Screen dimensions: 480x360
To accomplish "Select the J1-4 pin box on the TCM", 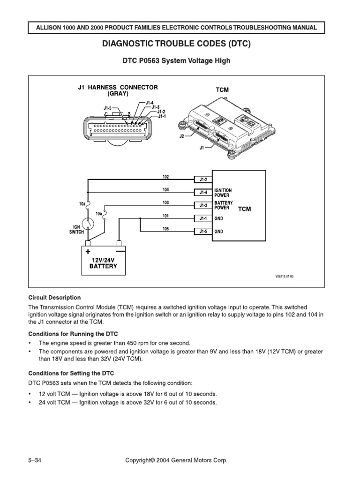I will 203,192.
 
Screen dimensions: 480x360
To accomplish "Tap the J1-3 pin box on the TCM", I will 203,205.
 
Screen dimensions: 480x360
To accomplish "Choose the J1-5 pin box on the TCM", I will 203,231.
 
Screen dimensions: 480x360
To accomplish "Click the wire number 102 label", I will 165,177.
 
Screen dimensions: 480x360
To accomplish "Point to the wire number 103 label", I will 165,202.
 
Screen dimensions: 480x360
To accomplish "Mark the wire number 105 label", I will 165,229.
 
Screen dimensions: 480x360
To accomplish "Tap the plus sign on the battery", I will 88,251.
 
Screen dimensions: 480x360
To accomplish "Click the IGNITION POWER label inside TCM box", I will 223,192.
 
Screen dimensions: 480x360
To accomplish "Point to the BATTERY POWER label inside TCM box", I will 223,205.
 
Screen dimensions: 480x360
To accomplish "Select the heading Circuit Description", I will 55,298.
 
